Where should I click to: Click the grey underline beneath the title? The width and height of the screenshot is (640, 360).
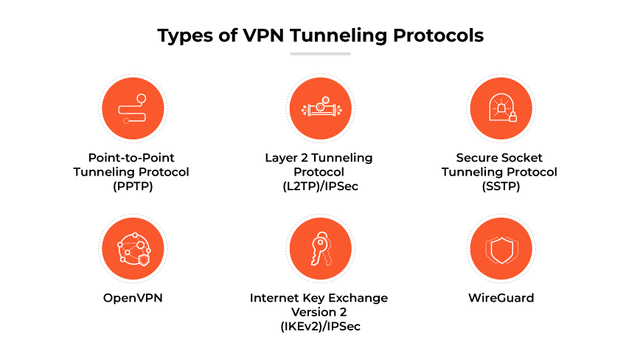[x=319, y=54]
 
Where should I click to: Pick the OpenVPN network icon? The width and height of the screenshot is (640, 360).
[x=131, y=250]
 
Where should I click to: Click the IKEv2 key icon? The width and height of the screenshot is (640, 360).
[x=319, y=250]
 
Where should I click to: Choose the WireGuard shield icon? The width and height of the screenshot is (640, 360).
[x=500, y=250]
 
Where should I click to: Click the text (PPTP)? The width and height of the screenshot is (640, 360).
[x=131, y=185]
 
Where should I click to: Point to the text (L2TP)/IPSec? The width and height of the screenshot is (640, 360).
[x=319, y=185]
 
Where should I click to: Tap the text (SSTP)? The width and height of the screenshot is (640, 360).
[x=500, y=185]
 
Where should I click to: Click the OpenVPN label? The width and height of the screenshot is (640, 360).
[x=131, y=299]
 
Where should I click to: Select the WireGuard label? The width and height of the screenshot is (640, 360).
[x=500, y=299]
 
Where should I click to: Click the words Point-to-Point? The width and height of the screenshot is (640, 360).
[x=131, y=158]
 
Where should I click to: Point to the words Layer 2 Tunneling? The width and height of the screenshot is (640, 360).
[x=319, y=158]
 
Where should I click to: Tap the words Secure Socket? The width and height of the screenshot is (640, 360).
[x=500, y=158]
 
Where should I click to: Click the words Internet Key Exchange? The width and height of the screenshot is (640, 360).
[x=319, y=299]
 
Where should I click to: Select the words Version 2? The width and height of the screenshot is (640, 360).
[x=319, y=313]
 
